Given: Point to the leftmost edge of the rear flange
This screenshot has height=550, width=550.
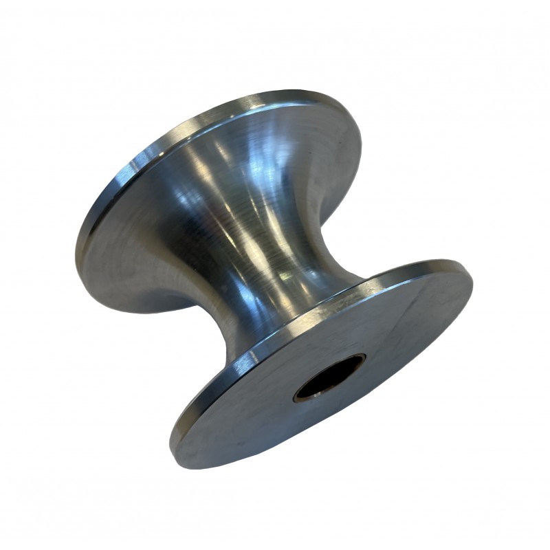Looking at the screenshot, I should point(77,241).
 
